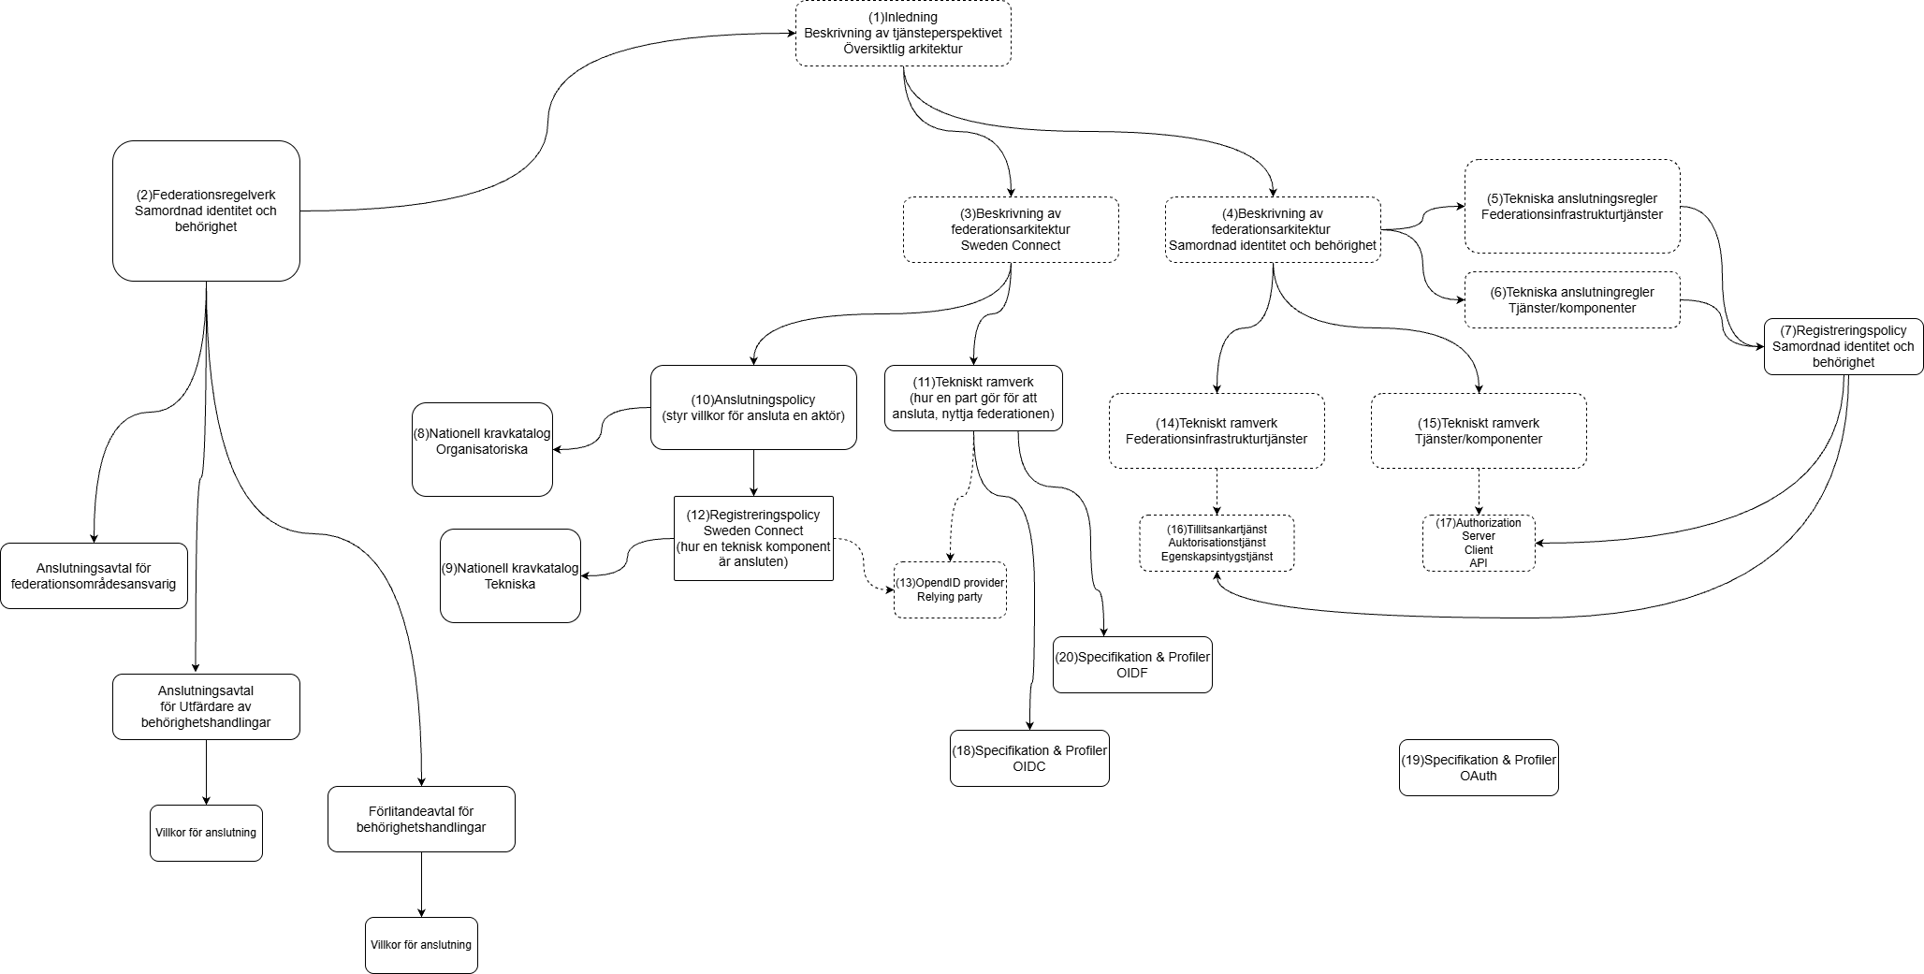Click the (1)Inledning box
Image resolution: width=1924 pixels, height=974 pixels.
[x=903, y=33]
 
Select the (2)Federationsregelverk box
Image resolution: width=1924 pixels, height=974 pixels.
[x=206, y=211]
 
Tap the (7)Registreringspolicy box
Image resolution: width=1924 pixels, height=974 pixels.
[x=1843, y=346]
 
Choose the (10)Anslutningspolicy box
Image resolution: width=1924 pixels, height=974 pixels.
[x=753, y=407]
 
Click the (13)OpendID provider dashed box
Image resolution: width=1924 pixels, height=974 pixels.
[x=950, y=589]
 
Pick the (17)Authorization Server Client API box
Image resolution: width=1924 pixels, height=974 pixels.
[x=1479, y=543]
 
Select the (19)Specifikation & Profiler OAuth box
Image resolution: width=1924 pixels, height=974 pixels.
[x=1479, y=767]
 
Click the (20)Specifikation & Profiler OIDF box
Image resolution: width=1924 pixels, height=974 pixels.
[x=1132, y=664]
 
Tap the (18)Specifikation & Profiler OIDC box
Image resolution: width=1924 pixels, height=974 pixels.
[x=1029, y=758]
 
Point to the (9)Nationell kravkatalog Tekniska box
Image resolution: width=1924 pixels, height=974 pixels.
[x=510, y=575]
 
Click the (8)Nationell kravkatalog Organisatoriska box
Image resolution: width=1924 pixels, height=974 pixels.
[x=482, y=449]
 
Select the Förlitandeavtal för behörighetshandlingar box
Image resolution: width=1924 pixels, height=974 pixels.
[x=421, y=819]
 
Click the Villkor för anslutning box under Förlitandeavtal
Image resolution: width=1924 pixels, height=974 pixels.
[x=421, y=945]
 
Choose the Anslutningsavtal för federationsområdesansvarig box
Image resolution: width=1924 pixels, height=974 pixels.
[x=94, y=575]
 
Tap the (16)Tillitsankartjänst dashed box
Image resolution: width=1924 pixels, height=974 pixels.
[x=1217, y=543]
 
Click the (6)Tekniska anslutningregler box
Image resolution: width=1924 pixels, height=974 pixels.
[x=1572, y=299]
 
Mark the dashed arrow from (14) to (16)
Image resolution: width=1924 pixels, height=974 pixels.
[x=1217, y=491]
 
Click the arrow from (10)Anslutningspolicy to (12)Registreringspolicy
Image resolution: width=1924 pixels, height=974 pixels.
[x=753, y=472]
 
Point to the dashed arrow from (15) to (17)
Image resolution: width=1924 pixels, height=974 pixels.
[x=1479, y=491]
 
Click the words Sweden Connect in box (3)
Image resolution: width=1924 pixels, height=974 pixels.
[x=1011, y=245]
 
